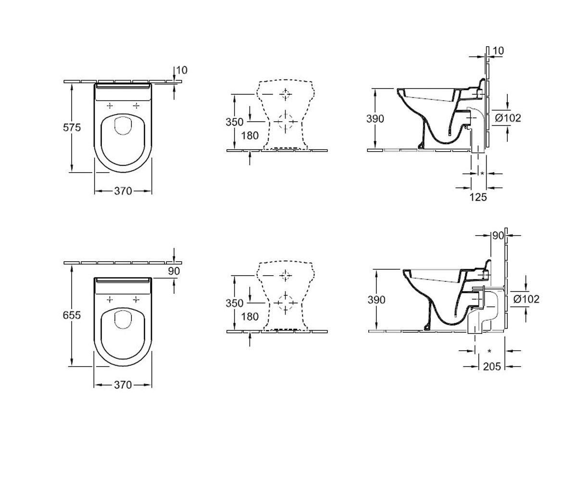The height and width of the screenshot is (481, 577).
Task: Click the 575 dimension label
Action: [x=72, y=127]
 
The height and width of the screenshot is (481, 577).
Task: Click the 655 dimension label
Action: [x=72, y=315]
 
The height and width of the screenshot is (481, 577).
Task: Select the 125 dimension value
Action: [x=478, y=197]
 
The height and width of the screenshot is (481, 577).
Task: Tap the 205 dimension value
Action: [x=492, y=367]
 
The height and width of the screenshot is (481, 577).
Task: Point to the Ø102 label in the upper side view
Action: [x=508, y=118]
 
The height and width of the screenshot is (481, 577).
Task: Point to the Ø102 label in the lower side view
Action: [x=527, y=299]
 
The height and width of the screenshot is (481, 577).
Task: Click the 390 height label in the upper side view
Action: [x=375, y=119]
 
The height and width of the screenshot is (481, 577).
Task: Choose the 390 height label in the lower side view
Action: [x=376, y=300]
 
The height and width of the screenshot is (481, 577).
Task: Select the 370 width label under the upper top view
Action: [x=123, y=191]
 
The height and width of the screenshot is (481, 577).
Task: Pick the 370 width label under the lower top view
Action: [x=123, y=385]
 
